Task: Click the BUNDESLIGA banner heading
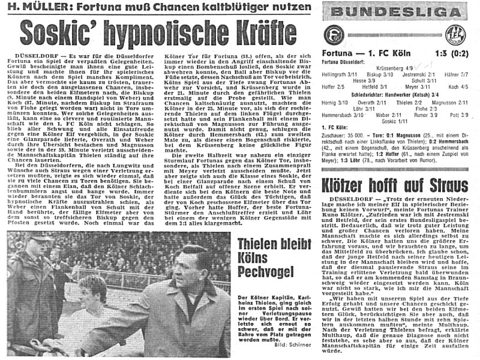pos(398,12)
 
